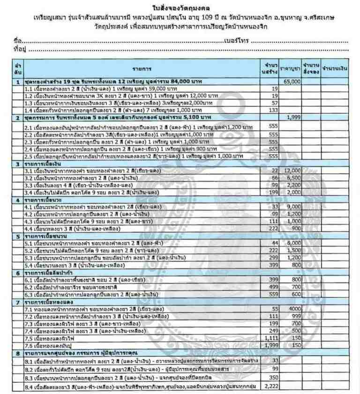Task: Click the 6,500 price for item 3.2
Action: pyautogui.click(x=292, y=178)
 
